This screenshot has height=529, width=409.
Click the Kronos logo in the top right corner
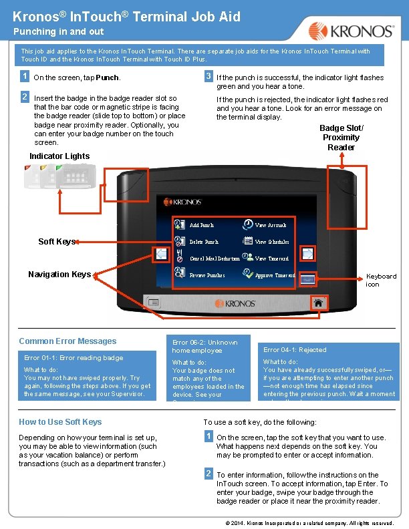(351, 31)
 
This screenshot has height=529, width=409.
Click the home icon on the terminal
(319, 303)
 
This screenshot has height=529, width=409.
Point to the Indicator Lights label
(59, 156)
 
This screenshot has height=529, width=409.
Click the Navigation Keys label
(59, 274)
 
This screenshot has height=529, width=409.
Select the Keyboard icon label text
(382, 280)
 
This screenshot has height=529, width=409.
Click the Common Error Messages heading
(67, 341)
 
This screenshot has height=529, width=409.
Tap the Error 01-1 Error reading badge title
(74, 358)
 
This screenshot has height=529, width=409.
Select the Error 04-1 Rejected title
(295, 350)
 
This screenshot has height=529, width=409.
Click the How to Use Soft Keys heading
(60, 422)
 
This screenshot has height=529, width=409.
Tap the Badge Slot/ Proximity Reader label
(341, 138)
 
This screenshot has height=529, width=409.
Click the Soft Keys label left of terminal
(56, 241)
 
